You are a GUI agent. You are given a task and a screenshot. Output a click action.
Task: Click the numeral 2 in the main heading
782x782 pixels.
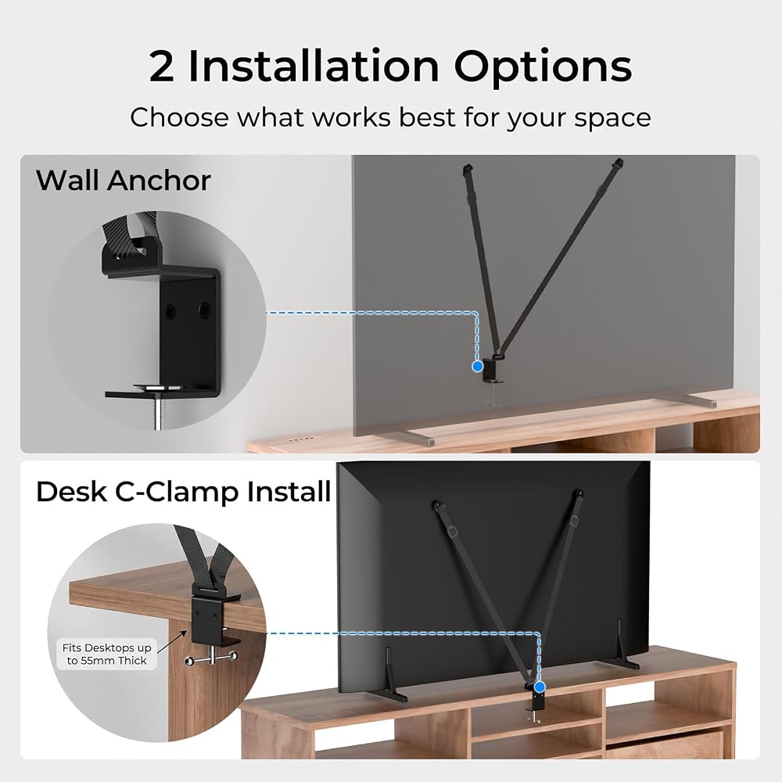point(162,66)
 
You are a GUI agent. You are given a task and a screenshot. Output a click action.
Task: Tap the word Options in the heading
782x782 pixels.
point(543,67)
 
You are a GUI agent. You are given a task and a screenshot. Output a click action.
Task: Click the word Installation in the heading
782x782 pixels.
point(314,66)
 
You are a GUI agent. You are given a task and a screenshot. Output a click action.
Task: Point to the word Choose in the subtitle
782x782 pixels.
point(180,118)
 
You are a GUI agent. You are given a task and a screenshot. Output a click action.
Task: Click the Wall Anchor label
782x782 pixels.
point(124,180)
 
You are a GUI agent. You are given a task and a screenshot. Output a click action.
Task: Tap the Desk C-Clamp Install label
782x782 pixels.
point(183,492)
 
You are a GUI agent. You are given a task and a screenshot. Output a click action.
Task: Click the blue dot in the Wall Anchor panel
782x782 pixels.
point(477,366)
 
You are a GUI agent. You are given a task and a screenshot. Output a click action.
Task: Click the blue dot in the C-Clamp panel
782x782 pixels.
point(539,687)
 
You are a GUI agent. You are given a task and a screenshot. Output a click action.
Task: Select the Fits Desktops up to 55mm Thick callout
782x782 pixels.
point(106,654)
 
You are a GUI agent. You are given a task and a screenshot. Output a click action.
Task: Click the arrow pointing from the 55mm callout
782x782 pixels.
point(172,641)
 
